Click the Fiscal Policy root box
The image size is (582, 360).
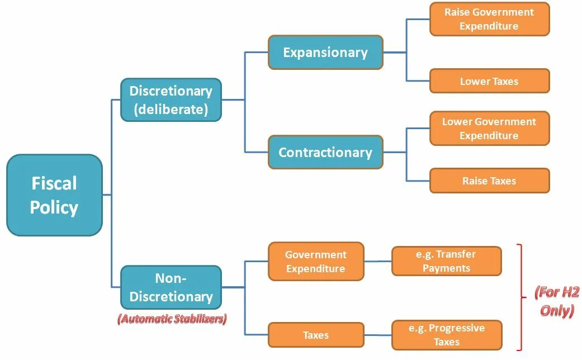point(54,195)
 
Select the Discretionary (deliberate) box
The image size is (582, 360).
point(171,100)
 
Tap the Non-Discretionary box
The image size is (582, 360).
point(171,287)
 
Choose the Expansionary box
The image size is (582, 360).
point(325,53)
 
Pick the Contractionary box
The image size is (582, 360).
point(325,152)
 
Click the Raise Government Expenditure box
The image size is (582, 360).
point(489,19)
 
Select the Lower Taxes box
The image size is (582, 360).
point(489,81)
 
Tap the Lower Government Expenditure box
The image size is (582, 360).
point(489,129)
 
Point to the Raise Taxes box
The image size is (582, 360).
point(489,181)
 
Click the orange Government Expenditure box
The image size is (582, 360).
point(316,261)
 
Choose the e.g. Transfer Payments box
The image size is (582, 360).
point(446,261)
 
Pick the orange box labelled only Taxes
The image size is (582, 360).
point(316,335)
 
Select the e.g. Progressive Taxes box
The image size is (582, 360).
point(446,335)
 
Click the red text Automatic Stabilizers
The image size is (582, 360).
point(172,320)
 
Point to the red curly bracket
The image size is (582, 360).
point(521,296)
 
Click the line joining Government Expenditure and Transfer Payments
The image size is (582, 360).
point(378,261)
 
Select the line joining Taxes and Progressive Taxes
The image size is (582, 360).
point(378,335)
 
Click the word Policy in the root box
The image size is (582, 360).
point(54,207)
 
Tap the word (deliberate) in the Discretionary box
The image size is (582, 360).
point(171,110)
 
